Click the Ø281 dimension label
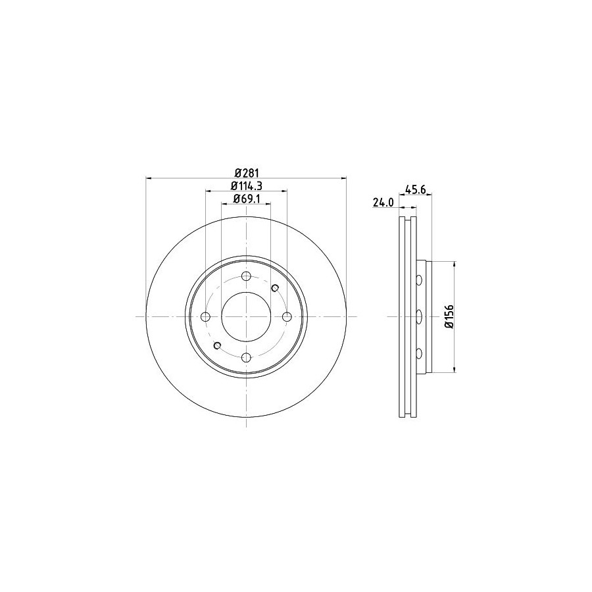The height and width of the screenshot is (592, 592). coord(247,173)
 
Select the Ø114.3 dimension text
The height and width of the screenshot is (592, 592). coord(247,185)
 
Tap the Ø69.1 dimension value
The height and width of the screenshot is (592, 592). coord(247,199)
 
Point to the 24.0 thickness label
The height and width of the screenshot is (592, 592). coord(383,203)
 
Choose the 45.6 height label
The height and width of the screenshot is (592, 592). coord(415,189)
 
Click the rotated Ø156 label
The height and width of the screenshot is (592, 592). coord(448,317)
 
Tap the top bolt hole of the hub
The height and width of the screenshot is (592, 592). coord(246,276)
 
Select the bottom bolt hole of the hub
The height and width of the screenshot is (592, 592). coord(246,357)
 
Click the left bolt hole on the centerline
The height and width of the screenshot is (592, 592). coord(206,316)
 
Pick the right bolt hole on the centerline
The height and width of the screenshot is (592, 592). coord(287,316)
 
